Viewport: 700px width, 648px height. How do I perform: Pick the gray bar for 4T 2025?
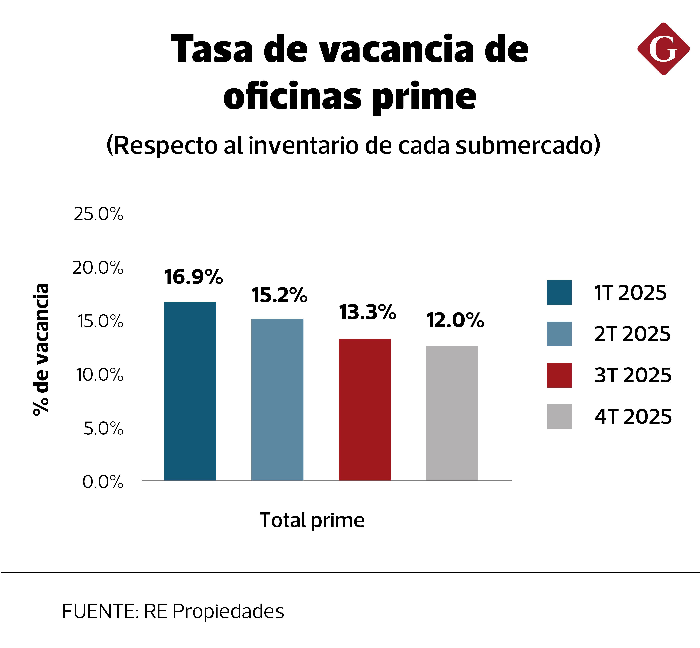[x=452, y=413]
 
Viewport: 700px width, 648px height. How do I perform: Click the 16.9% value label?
[x=193, y=277]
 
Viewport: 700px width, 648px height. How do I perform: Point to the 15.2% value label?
[x=279, y=295]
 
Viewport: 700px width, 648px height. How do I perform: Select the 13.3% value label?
[x=367, y=313]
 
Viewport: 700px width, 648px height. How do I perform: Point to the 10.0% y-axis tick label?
[x=100, y=375]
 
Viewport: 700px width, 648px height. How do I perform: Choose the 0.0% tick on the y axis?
[x=103, y=482]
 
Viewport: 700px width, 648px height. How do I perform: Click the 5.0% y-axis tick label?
[x=103, y=428]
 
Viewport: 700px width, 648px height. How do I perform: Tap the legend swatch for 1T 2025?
[x=559, y=292]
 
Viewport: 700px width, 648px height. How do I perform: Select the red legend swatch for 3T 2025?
[x=559, y=375]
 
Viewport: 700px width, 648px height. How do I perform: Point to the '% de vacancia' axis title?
[x=41, y=350]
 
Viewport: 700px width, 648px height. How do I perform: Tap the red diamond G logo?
[x=663, y=49]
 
